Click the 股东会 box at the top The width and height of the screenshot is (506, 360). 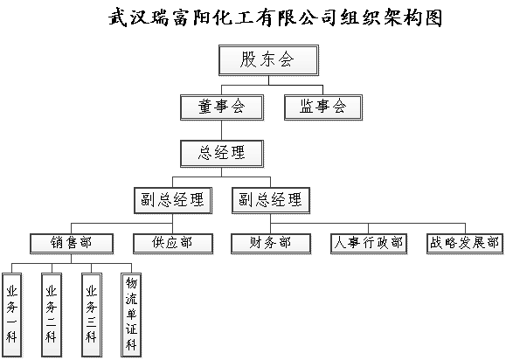(x=268, y=60)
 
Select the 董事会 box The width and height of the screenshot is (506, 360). (x=222, y=107)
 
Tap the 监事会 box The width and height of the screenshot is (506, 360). (x=323, y=107)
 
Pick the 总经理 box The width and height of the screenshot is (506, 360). (x=222, y=154)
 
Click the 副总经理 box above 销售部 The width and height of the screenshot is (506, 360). (x=173, y=200)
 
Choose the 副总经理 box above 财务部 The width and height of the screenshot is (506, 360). (x=271, y=200)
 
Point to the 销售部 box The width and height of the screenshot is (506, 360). (x=72, y=244)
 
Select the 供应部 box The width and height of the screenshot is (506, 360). (x=173, y=244)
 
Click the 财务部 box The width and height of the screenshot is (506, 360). (x=271, y=244)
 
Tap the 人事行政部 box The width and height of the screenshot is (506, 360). (x=369, y=244)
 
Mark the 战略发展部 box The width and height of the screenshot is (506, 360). (x=465, y=244)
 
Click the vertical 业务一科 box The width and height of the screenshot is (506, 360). (x=12, y=315)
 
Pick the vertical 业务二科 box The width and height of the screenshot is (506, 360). (x=52, y=315)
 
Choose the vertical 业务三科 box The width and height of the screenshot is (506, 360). (x=92, y=315)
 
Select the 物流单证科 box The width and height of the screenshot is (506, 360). (x=131, y=315)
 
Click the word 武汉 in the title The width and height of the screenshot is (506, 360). (x=129, y=17)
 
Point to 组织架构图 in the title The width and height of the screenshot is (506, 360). (x=392, y=17)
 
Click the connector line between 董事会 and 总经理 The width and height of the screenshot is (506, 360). (x=222, y=130)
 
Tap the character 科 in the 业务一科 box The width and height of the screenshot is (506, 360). (x=11, y=337)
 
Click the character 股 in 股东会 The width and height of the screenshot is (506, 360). (x=248, y=60)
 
